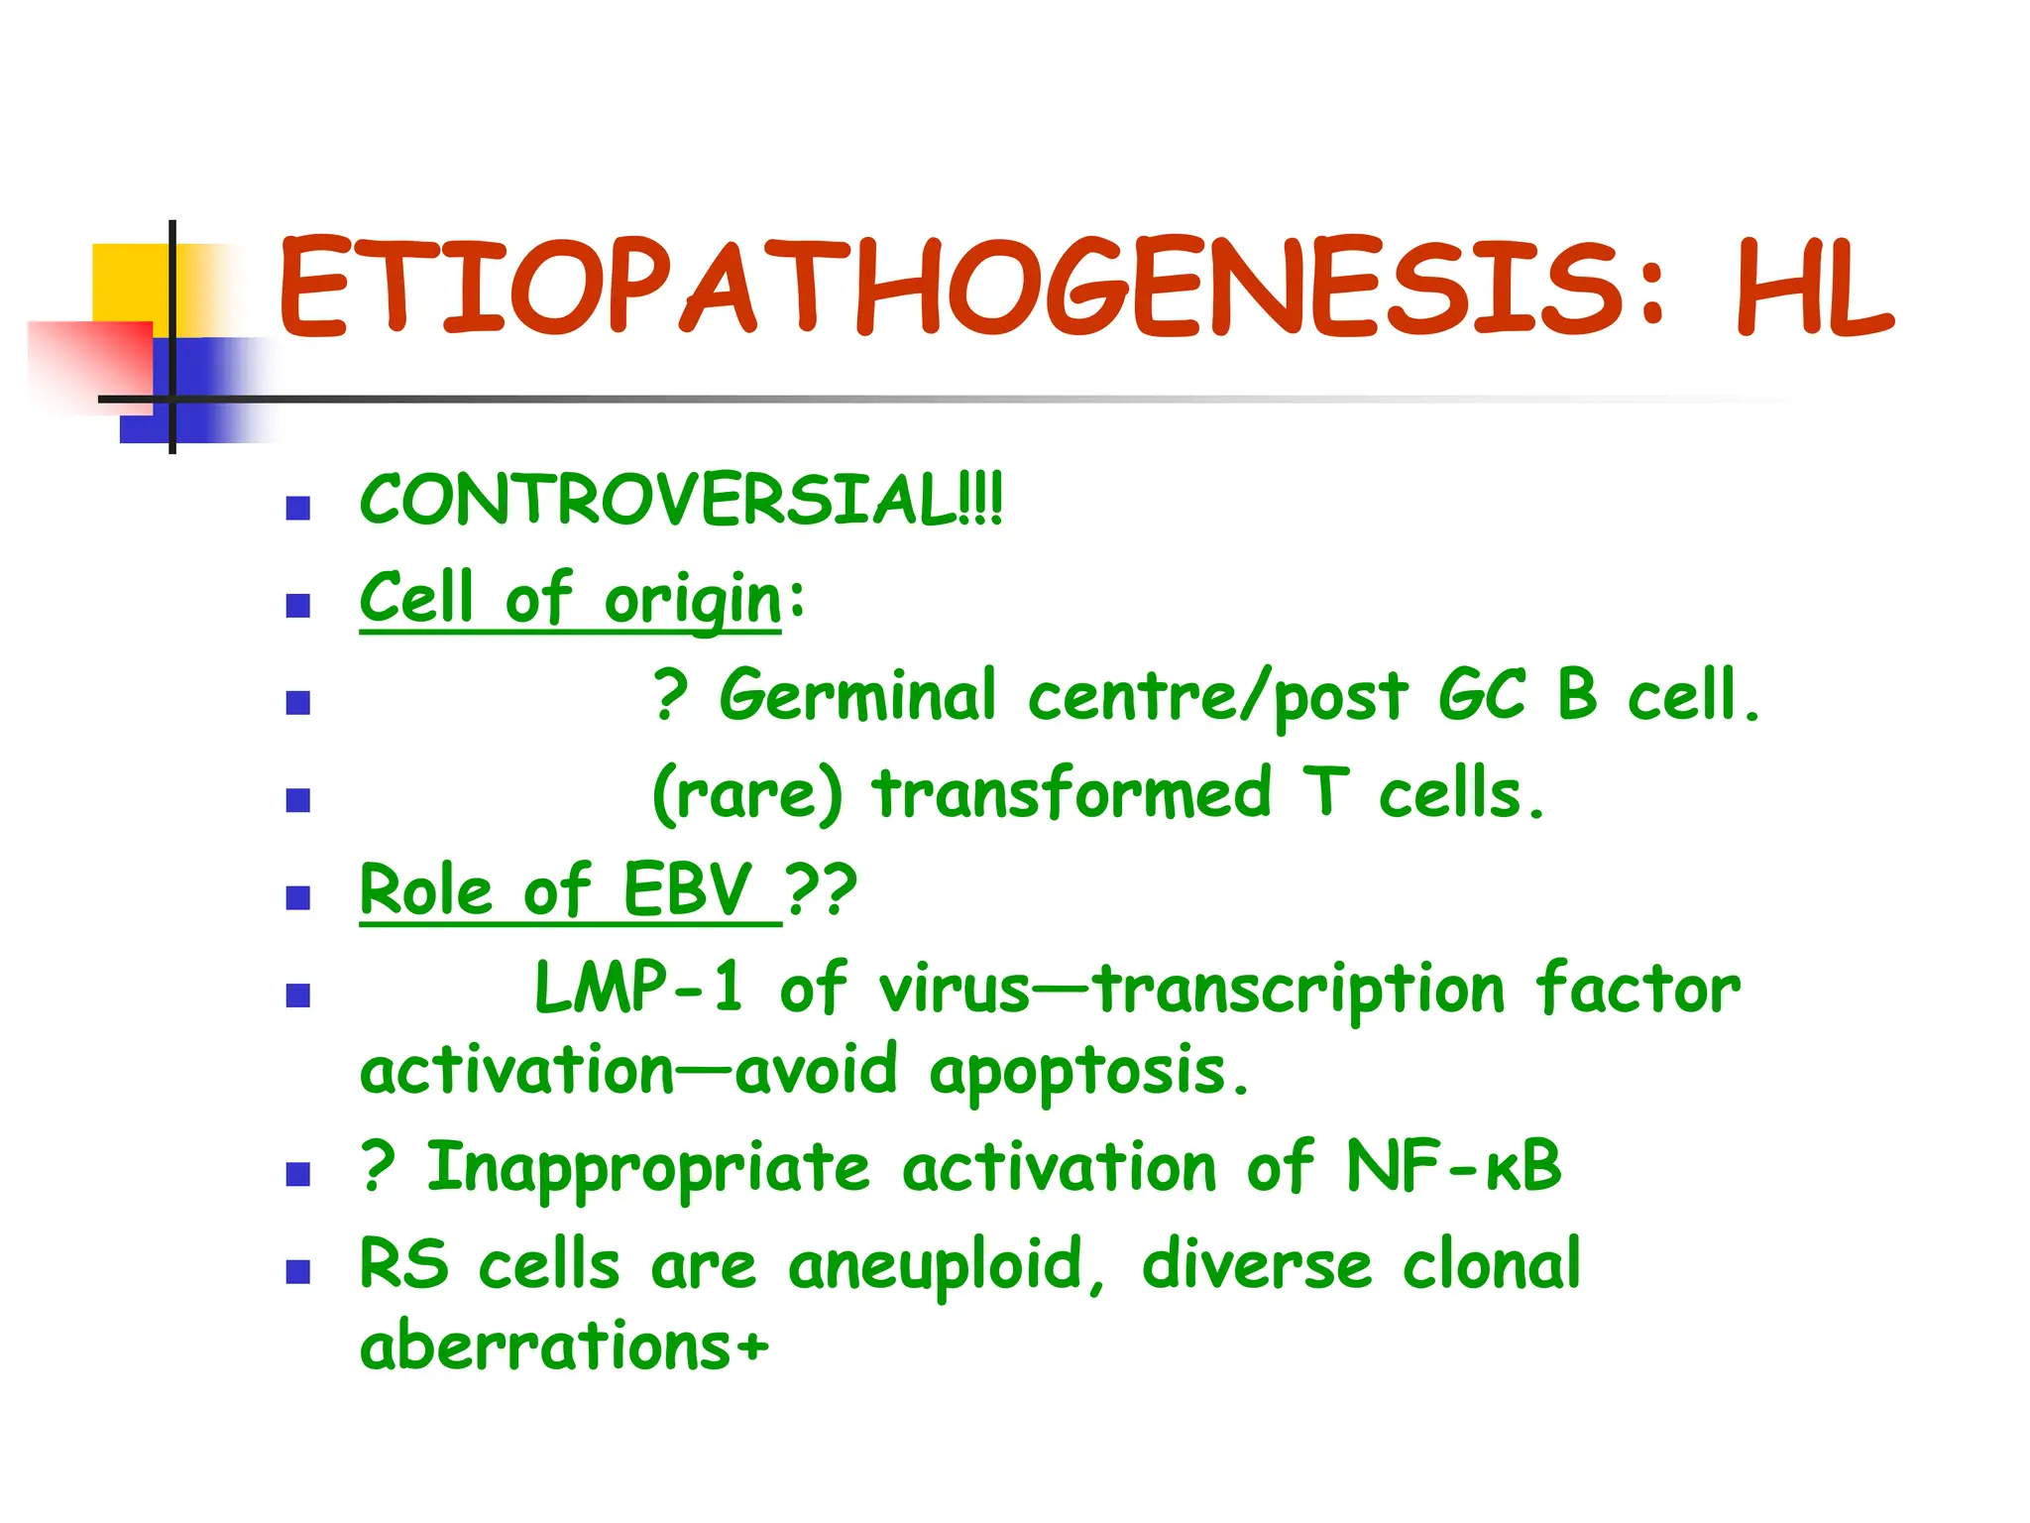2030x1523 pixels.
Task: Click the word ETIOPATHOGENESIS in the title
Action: click(x=952, y=288)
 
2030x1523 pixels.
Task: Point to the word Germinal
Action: click(x=857, y=696)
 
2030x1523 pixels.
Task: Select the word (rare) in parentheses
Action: click(x=747, y=794)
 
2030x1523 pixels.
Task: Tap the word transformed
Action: click(x=1071, y=794)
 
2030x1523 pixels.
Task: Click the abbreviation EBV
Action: click(x=687, y=889)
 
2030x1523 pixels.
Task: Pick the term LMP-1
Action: click(x=638, y=988)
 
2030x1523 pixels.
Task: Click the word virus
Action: click(x=954, y=990)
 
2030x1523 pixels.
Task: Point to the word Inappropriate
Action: click(x=648, y=1168)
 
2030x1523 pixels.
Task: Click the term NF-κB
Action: click(x=1453, y=1166)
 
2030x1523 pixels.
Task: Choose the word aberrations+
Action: click(x=563, y=1347)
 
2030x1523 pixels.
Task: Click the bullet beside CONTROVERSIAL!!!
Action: click(x=297, y=509)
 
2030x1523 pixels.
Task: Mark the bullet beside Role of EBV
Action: click(x=297, y=898)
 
